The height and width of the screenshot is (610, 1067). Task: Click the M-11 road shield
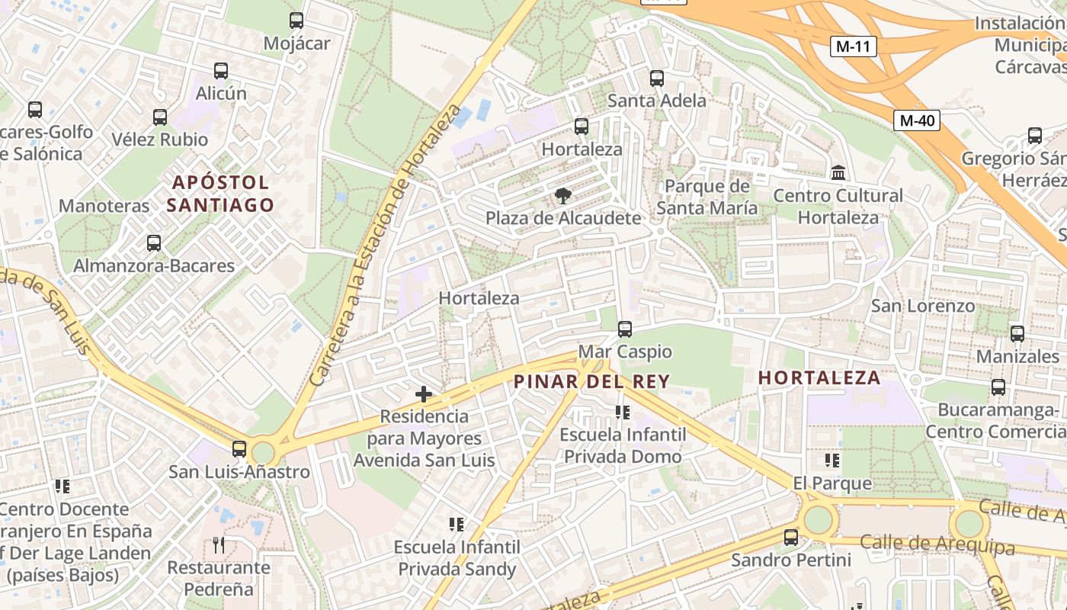pos(853,47)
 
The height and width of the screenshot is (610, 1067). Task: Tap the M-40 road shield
pos(916,120)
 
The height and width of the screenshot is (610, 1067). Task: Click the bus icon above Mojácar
pos(296,21)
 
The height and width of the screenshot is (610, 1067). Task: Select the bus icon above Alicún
pos(221,71)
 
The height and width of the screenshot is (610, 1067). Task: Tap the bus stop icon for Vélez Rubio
pos(160,117)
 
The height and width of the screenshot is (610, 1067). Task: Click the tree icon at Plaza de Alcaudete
pos(564,196)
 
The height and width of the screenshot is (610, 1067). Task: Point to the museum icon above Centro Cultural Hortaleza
pos(838,173)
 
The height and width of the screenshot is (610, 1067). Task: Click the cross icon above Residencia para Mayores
pos(424,394)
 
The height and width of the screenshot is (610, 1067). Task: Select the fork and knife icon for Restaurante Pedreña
pos(219,544)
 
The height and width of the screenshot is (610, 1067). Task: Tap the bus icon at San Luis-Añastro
pos(239,448)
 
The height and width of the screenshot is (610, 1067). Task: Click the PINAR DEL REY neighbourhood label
pos(591,381)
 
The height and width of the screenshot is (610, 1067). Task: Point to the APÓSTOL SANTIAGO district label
pos(220,194)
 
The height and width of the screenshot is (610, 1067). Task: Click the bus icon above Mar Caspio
pos(625,329)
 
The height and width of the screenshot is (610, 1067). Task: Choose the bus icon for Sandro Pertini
pos(791,538)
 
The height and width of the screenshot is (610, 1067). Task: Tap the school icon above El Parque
pos(832,461)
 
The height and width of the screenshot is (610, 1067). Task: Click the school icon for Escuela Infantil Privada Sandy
pos(457,525)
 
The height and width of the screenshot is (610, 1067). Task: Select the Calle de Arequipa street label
pos(937,544)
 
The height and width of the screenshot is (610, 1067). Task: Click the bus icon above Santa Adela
pos(657,78)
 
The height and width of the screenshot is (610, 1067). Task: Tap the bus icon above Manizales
pos(1017,333)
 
